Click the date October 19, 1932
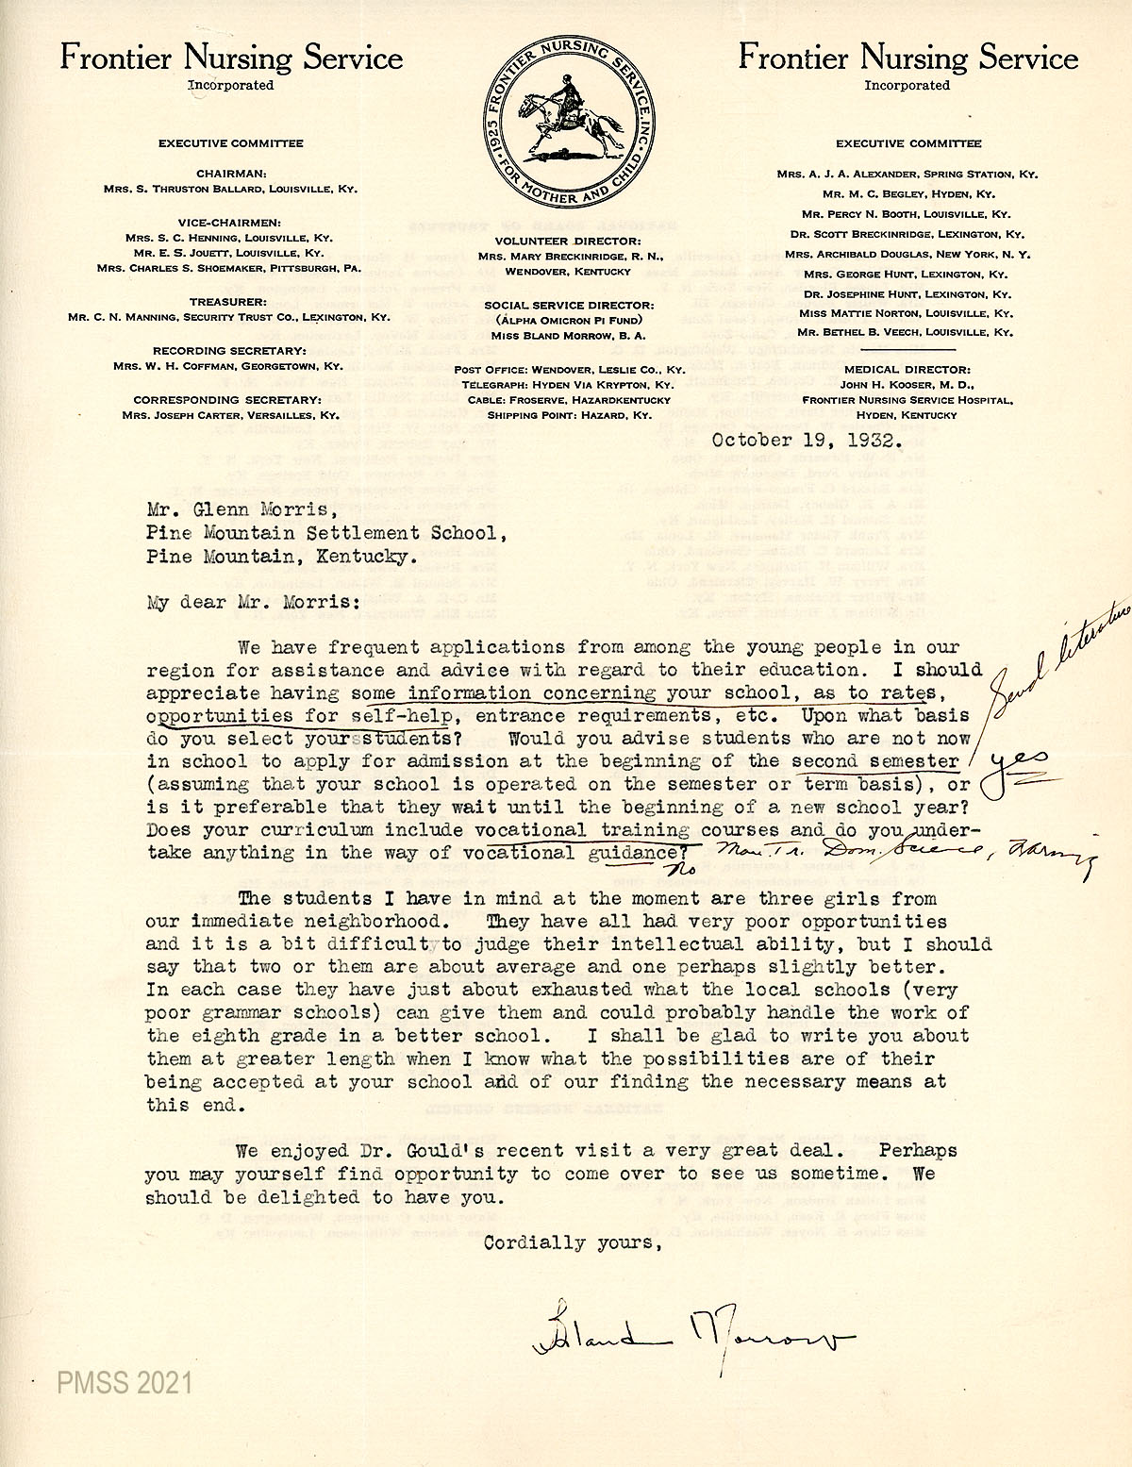pyautogui.click(x=807, y=440)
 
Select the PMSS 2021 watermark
pyautogui.click(x=125, y=1383)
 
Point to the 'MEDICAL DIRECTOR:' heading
pyautogui.click(x=907, y=370)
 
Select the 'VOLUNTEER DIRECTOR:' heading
pyautogui.click(x=569, y=242)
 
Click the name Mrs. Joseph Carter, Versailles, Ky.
pyautogui.click(x=230, y=415)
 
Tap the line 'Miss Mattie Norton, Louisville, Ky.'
pyautogui.click(x=905, y=312)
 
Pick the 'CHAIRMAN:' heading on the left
pyautogui.click(x=231, y=174)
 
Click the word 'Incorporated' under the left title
pyautogui.click(x=231, y=85)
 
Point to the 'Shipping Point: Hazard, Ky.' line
pyautogui.click(x=569, y=415)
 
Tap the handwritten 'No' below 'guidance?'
pyautogui.click(x=686, y=869)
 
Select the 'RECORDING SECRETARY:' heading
pyautogui.click(x=230, y=351)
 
